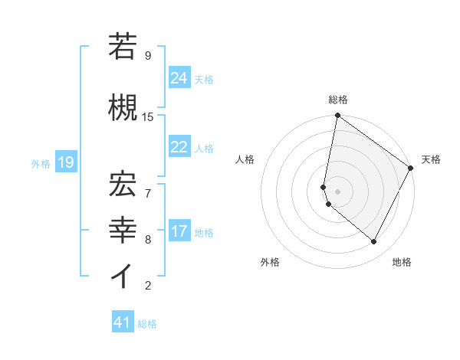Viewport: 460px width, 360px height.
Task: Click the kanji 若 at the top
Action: pos(123,47)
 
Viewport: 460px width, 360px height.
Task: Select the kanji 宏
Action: pos(123,181)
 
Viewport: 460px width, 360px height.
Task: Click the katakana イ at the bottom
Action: pos(123,277)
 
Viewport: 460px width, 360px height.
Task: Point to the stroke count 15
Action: pos(148,116)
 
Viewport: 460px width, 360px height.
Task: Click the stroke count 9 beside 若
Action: pos(148,56)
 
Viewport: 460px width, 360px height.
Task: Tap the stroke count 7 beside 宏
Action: pos(148,185)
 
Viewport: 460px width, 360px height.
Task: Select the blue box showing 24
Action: pos(179,77)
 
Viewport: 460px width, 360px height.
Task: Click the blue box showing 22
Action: pos(179,147)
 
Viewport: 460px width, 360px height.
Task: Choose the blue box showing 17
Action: pos(179,231)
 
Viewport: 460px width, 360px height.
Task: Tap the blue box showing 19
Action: pos(66,162)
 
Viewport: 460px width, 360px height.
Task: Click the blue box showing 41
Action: pos(123,322)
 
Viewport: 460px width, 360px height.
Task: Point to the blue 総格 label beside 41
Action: pos(147,324)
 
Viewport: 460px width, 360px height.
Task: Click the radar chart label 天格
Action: pos(431,159)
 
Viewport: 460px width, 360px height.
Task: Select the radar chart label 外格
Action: pos(270,262)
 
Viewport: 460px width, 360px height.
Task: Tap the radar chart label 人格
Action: pos(245,159)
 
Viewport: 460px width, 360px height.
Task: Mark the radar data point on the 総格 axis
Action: pos(337,116)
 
